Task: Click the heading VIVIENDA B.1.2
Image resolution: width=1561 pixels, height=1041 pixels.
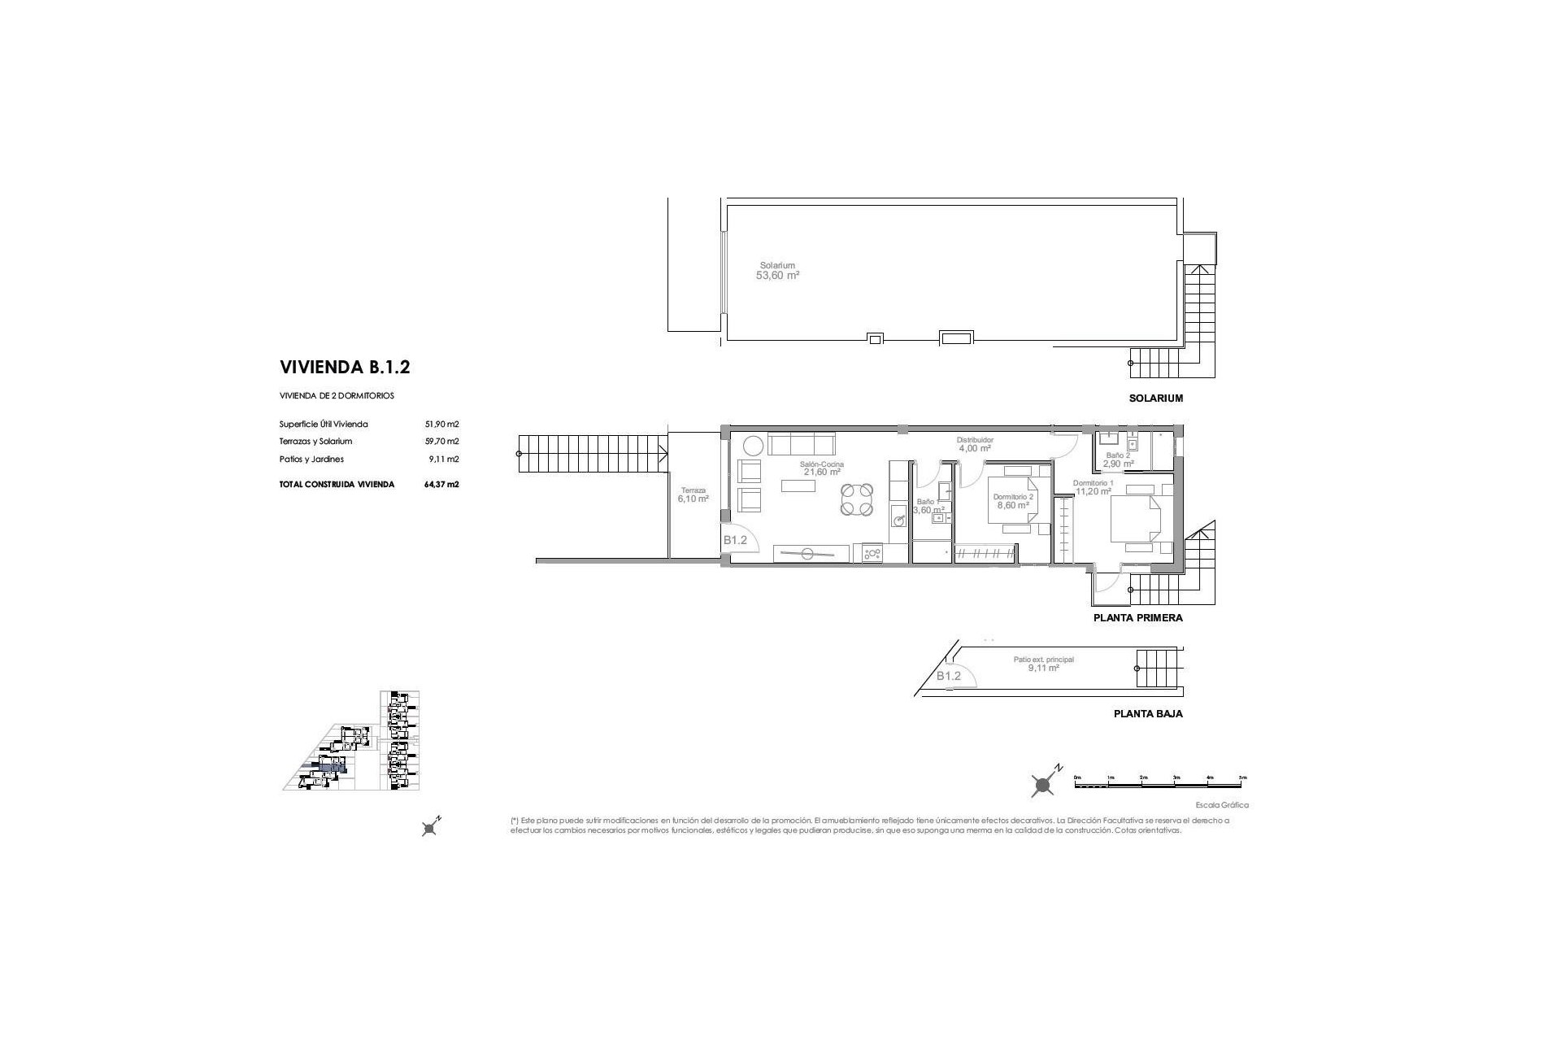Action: pyautogui.click(x=345, y=367)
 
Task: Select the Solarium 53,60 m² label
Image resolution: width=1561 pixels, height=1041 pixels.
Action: pyautogui.click(x=778, y=271)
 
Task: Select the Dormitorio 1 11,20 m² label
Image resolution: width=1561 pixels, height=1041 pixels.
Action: pyautogui.click(x=1093, y=487)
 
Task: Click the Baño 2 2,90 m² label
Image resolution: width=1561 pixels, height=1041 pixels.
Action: pyautogui.click(x=1118, y=460)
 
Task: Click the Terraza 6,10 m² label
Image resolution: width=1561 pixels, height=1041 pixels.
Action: pyautogui.click(x=693, y=494)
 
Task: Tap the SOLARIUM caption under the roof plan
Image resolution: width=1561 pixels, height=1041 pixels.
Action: pyautogui.click(x=1154, y=399)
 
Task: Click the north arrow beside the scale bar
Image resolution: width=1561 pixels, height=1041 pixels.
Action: pyautogui.click(x=1044, y=782)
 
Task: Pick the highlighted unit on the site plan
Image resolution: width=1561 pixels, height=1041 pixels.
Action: pyautogui.click(x=332, y=767)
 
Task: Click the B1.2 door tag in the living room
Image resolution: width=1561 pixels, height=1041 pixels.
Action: pyautogui.click(x=735, y=540)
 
